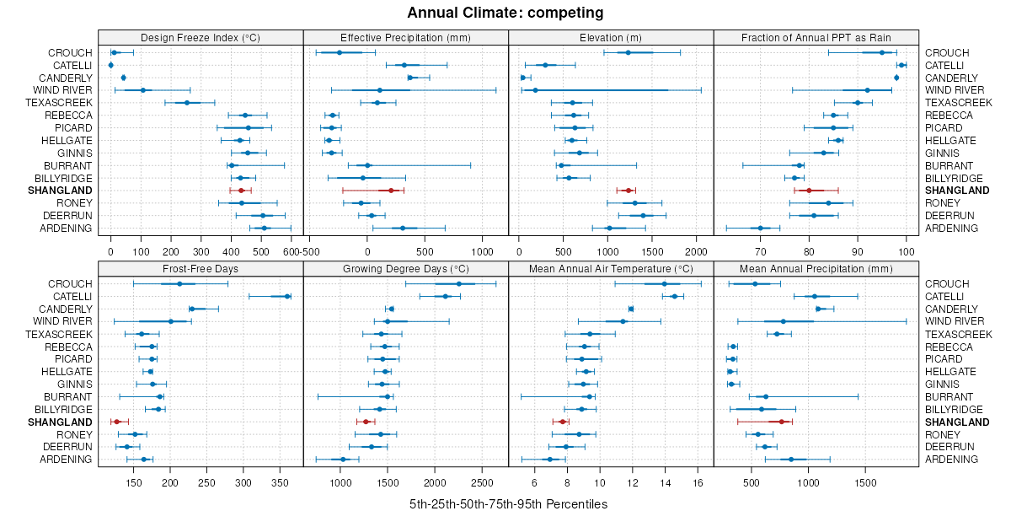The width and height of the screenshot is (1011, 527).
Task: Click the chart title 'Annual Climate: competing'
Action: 505,13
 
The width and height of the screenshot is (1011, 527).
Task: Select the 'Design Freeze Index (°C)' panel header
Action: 201,37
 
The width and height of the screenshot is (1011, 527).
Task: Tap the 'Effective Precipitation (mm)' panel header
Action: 405,37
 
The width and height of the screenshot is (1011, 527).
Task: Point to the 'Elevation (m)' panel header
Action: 611,37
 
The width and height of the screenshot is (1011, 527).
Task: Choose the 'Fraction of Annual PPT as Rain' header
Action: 816,37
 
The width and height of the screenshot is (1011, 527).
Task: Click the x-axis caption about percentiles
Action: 508,504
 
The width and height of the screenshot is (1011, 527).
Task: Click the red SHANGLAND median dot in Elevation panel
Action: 629,191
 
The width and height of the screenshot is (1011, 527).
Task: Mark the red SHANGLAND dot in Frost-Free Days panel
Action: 116,422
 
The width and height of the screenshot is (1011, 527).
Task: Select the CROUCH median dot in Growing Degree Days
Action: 458,283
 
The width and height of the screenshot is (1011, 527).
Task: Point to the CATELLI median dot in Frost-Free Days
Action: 287,296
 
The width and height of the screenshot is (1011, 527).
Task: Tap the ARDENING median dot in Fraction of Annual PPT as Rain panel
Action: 760,228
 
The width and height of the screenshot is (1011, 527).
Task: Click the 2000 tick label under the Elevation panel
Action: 697,251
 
